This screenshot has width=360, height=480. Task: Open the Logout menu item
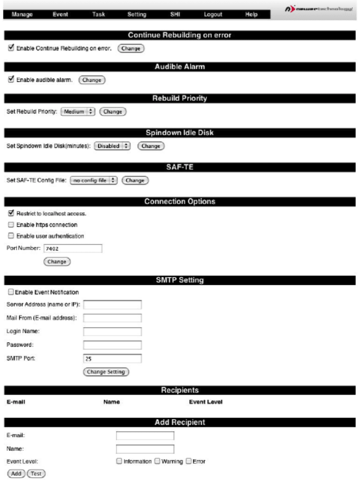(213, 15)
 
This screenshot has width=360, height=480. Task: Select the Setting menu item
(136, 15)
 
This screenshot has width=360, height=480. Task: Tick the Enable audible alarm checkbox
(11, 79)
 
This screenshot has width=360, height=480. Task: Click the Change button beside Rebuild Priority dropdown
(113, 112)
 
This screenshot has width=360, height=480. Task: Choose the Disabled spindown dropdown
(112, 146)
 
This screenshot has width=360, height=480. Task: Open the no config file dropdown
(94, 180)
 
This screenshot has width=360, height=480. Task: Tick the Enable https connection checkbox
(11, 224)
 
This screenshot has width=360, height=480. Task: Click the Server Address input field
(113, 305)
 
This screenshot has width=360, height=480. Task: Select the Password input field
(113, 345)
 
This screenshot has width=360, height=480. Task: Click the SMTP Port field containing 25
(113, 358)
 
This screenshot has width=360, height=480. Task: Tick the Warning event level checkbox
(158, 461)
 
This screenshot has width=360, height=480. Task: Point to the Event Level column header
(206, 402)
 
